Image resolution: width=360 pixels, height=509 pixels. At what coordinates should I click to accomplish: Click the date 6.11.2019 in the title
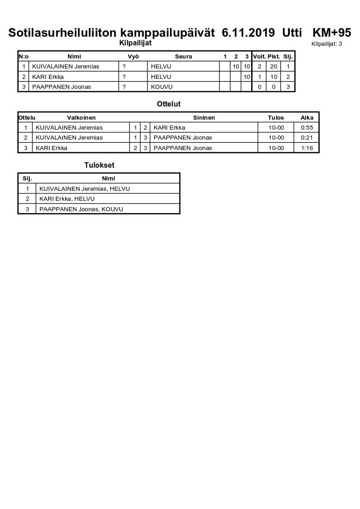(x=248, y=33)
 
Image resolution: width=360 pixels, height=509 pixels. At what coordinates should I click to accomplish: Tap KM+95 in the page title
(x=332, y=33)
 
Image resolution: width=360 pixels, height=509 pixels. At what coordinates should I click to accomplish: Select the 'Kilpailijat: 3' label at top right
(x=326, y=44)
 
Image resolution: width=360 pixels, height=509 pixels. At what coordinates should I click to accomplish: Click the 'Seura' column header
(x=183, y=57)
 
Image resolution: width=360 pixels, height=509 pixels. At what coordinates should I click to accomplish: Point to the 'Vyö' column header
(x=133, y=57)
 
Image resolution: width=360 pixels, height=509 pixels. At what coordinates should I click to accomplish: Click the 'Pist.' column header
(x=273, y=57)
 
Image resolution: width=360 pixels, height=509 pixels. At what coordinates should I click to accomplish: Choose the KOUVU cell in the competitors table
(x=162, y=87)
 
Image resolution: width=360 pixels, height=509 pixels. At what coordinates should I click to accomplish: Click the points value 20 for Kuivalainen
(x=273, y=67)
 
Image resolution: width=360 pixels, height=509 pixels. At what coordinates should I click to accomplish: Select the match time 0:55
(x=307, y=128)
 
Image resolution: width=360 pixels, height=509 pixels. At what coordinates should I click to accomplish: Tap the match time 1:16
(x=307, y=148)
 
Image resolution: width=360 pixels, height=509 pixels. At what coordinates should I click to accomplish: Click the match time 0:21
(x=307, y=138)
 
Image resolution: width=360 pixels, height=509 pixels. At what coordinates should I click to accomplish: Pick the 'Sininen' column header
(x=204, y=118)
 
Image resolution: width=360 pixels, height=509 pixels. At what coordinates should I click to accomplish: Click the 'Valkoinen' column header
(x=81, y=118)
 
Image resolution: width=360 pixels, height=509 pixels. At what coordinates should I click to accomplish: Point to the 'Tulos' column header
(x=276, y=118)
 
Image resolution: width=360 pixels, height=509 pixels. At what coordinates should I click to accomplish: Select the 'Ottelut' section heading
(x=169, y=104)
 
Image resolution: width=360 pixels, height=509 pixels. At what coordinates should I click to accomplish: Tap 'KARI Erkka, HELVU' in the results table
(x=67, y=199)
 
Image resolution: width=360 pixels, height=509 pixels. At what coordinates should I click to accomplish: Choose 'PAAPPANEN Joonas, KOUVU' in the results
(x=81, y=209)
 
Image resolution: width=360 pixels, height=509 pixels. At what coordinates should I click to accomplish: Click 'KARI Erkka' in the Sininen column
(x=169, y=128)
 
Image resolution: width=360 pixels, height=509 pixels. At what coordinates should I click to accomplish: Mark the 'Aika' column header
(x=307, y=118)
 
